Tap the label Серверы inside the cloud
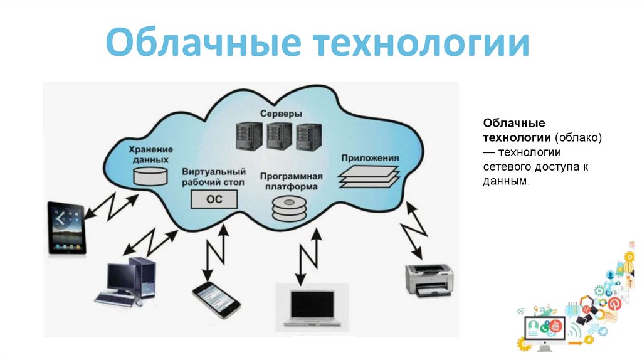[280, 114]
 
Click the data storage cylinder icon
[150, 176]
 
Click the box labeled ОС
[214, 199]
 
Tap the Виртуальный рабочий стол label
[213, 177]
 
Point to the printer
[430, 279]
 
